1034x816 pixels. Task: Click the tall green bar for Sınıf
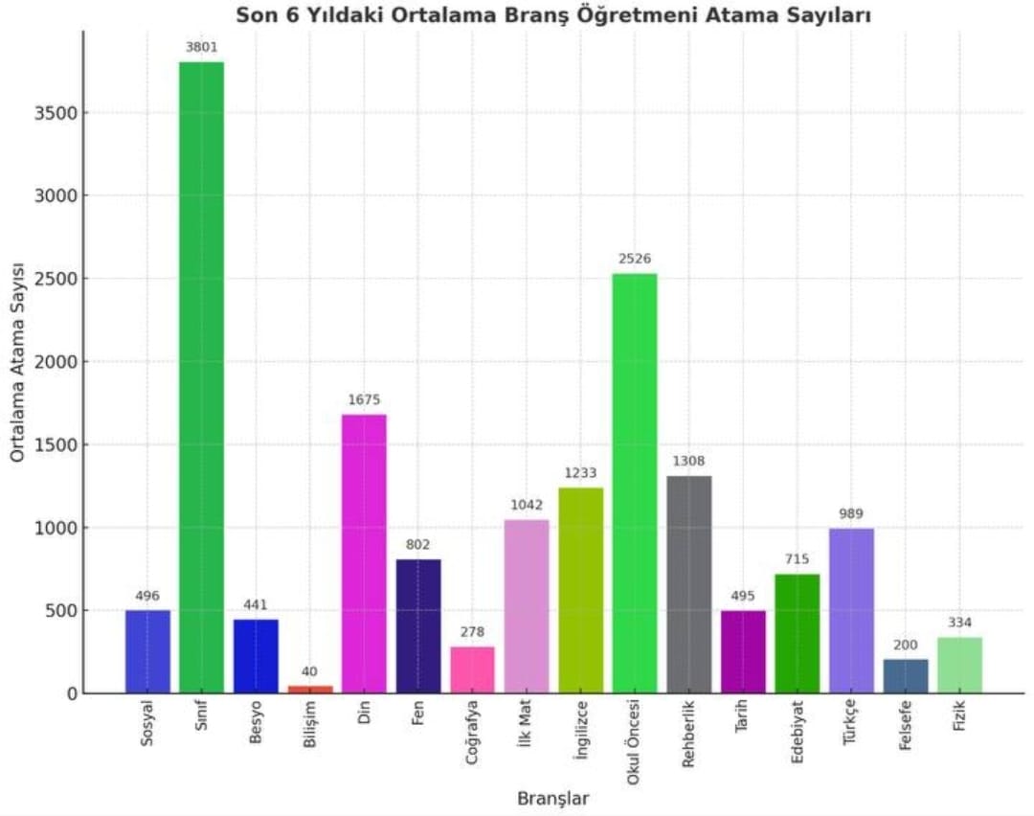click(201, 377)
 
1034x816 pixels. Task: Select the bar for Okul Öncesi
click(635, 484)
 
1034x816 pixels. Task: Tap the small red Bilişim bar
click(310, 689)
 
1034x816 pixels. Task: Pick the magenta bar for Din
click(364, 554)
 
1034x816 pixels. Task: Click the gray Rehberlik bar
click(689, 584)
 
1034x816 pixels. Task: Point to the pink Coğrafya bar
click(473, 669)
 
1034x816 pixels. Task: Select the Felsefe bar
click(906, 675)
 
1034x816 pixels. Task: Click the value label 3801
click(201, 46)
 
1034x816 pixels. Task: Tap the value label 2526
click(635, 259)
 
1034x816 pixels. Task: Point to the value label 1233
click(581, 472)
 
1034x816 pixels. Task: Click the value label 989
click(851, 513)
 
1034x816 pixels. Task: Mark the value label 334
click(959, 622)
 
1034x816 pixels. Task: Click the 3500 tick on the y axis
click(59, 113)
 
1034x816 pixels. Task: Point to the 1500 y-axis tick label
click(59, 445)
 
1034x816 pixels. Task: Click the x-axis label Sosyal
click(146, 728)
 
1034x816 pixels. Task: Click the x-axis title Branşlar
click(553, 798)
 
